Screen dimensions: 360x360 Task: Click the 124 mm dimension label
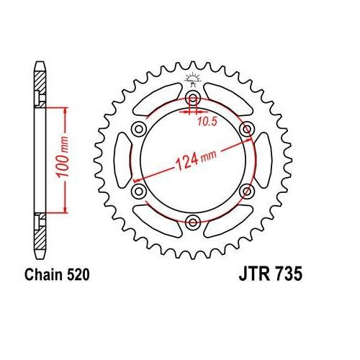[196, 159]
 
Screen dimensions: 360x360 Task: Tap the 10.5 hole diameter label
[207, 122]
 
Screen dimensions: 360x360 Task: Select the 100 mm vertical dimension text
[63, 157]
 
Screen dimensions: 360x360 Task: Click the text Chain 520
[57, 275]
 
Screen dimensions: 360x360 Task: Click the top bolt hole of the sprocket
[193, 98]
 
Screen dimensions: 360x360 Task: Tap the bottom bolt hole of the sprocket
[193, 222]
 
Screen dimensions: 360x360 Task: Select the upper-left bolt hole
[139, 129]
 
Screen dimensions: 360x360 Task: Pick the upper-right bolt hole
[247, 129]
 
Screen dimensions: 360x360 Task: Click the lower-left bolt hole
[139, 192]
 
